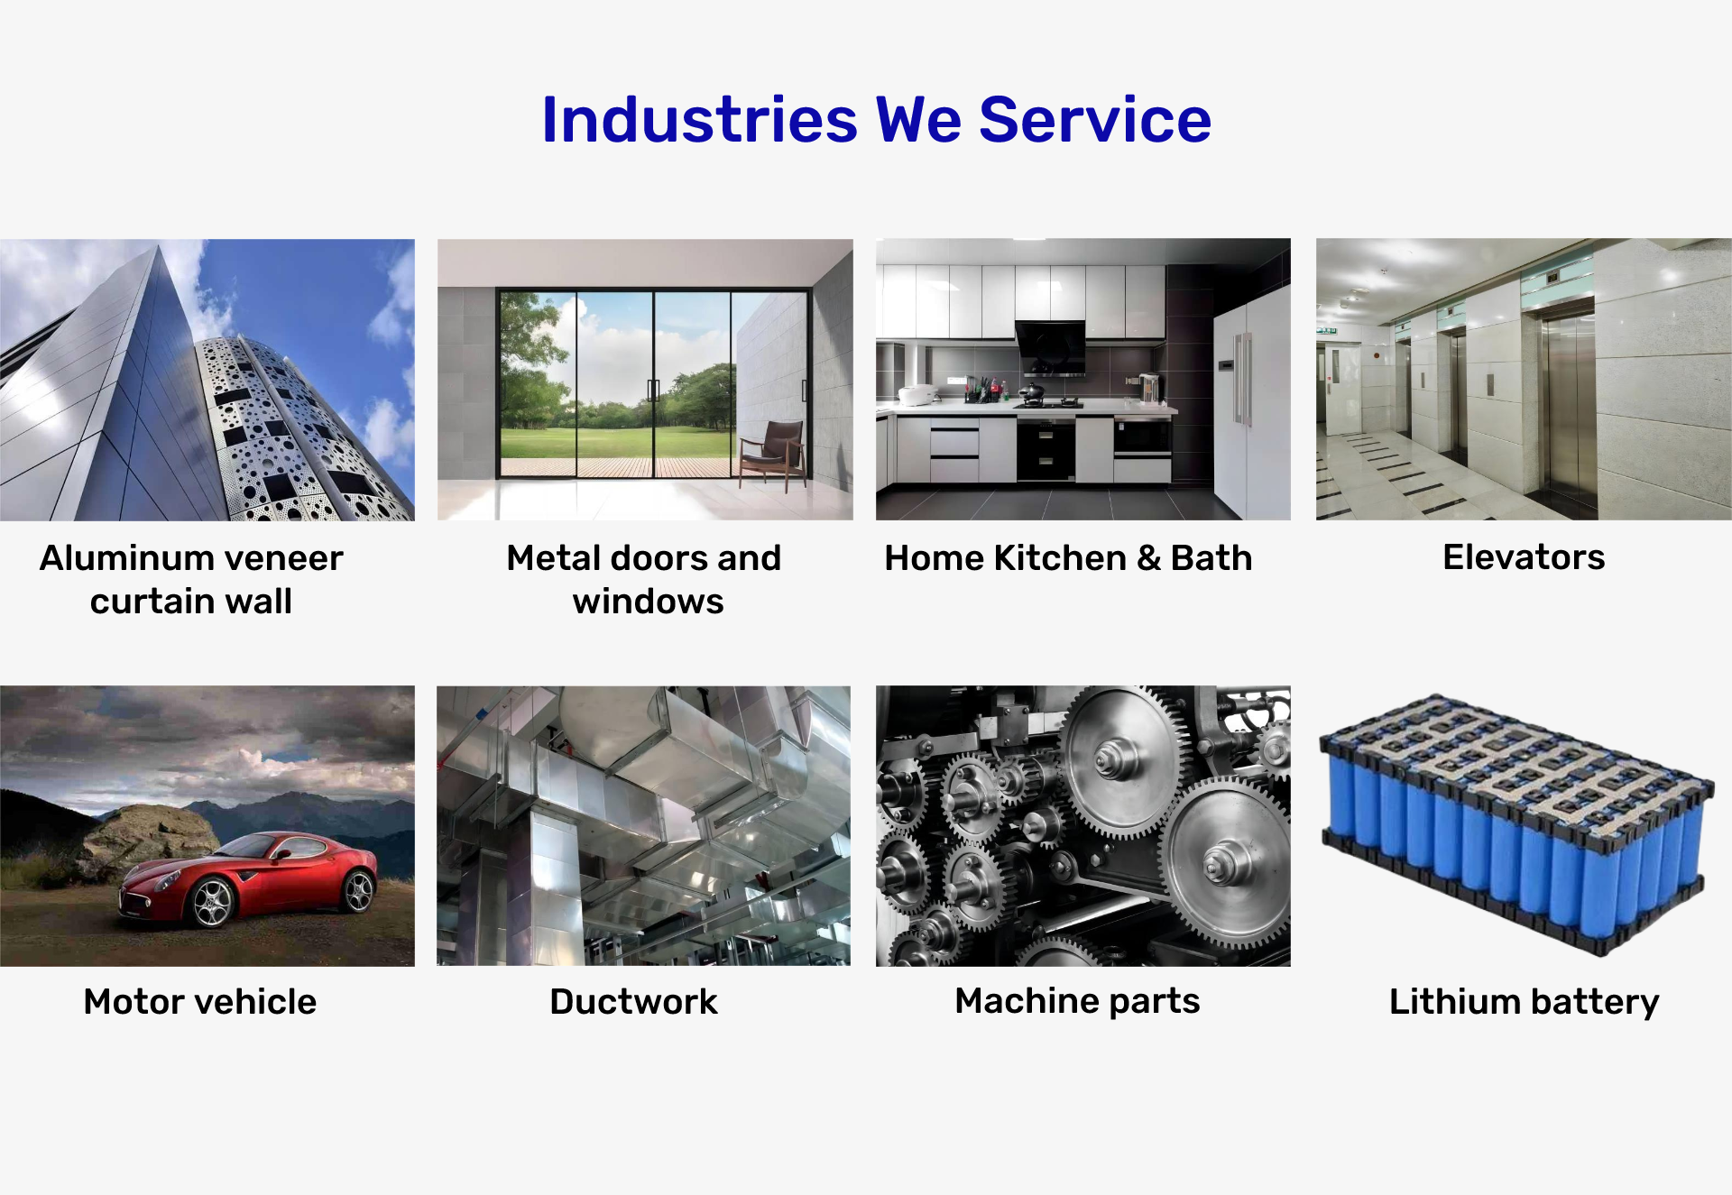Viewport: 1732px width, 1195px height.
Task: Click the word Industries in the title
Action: click(699, 119)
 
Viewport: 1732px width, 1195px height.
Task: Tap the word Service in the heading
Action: click(1095, 119)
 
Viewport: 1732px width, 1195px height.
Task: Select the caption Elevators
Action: click(1524, 557)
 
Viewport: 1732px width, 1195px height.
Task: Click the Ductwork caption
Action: click(633, 1002)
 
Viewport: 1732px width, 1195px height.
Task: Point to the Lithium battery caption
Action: click(1524, 1003)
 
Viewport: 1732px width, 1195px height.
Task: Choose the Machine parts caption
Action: click(1077, 1002)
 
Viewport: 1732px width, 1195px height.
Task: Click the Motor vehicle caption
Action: click(200, 1002)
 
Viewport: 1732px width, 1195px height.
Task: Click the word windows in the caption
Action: click(648, 602)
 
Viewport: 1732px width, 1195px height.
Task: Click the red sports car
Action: click(248, 879)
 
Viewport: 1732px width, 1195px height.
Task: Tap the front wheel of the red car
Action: click(213, 903)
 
